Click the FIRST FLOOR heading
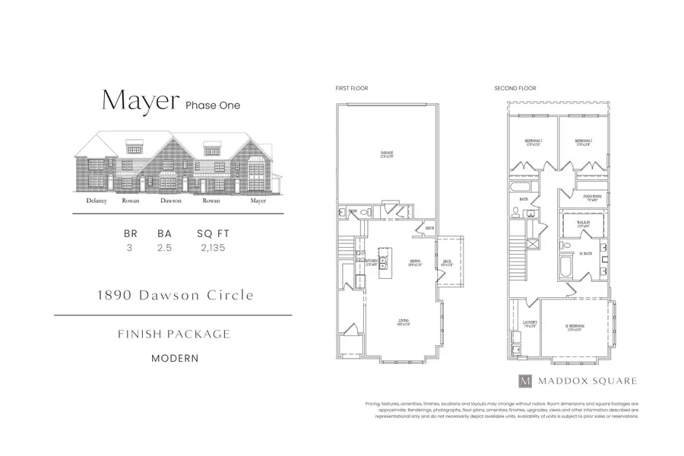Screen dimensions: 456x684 [x=352, y=89]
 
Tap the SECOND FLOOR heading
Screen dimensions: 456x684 [x=515, y=89]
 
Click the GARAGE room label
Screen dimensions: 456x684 [x=387, y=155]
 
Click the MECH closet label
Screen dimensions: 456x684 [x=429, y=228]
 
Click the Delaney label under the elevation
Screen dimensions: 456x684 [x=96, y=201]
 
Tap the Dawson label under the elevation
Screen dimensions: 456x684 [x=170, y=201]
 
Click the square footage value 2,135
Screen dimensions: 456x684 [x=213, y=248]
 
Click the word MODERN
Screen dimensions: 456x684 [x=175, y=357]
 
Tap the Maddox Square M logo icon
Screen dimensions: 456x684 [x=524, y=381]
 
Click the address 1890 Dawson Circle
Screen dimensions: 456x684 [x=174, y=295]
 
